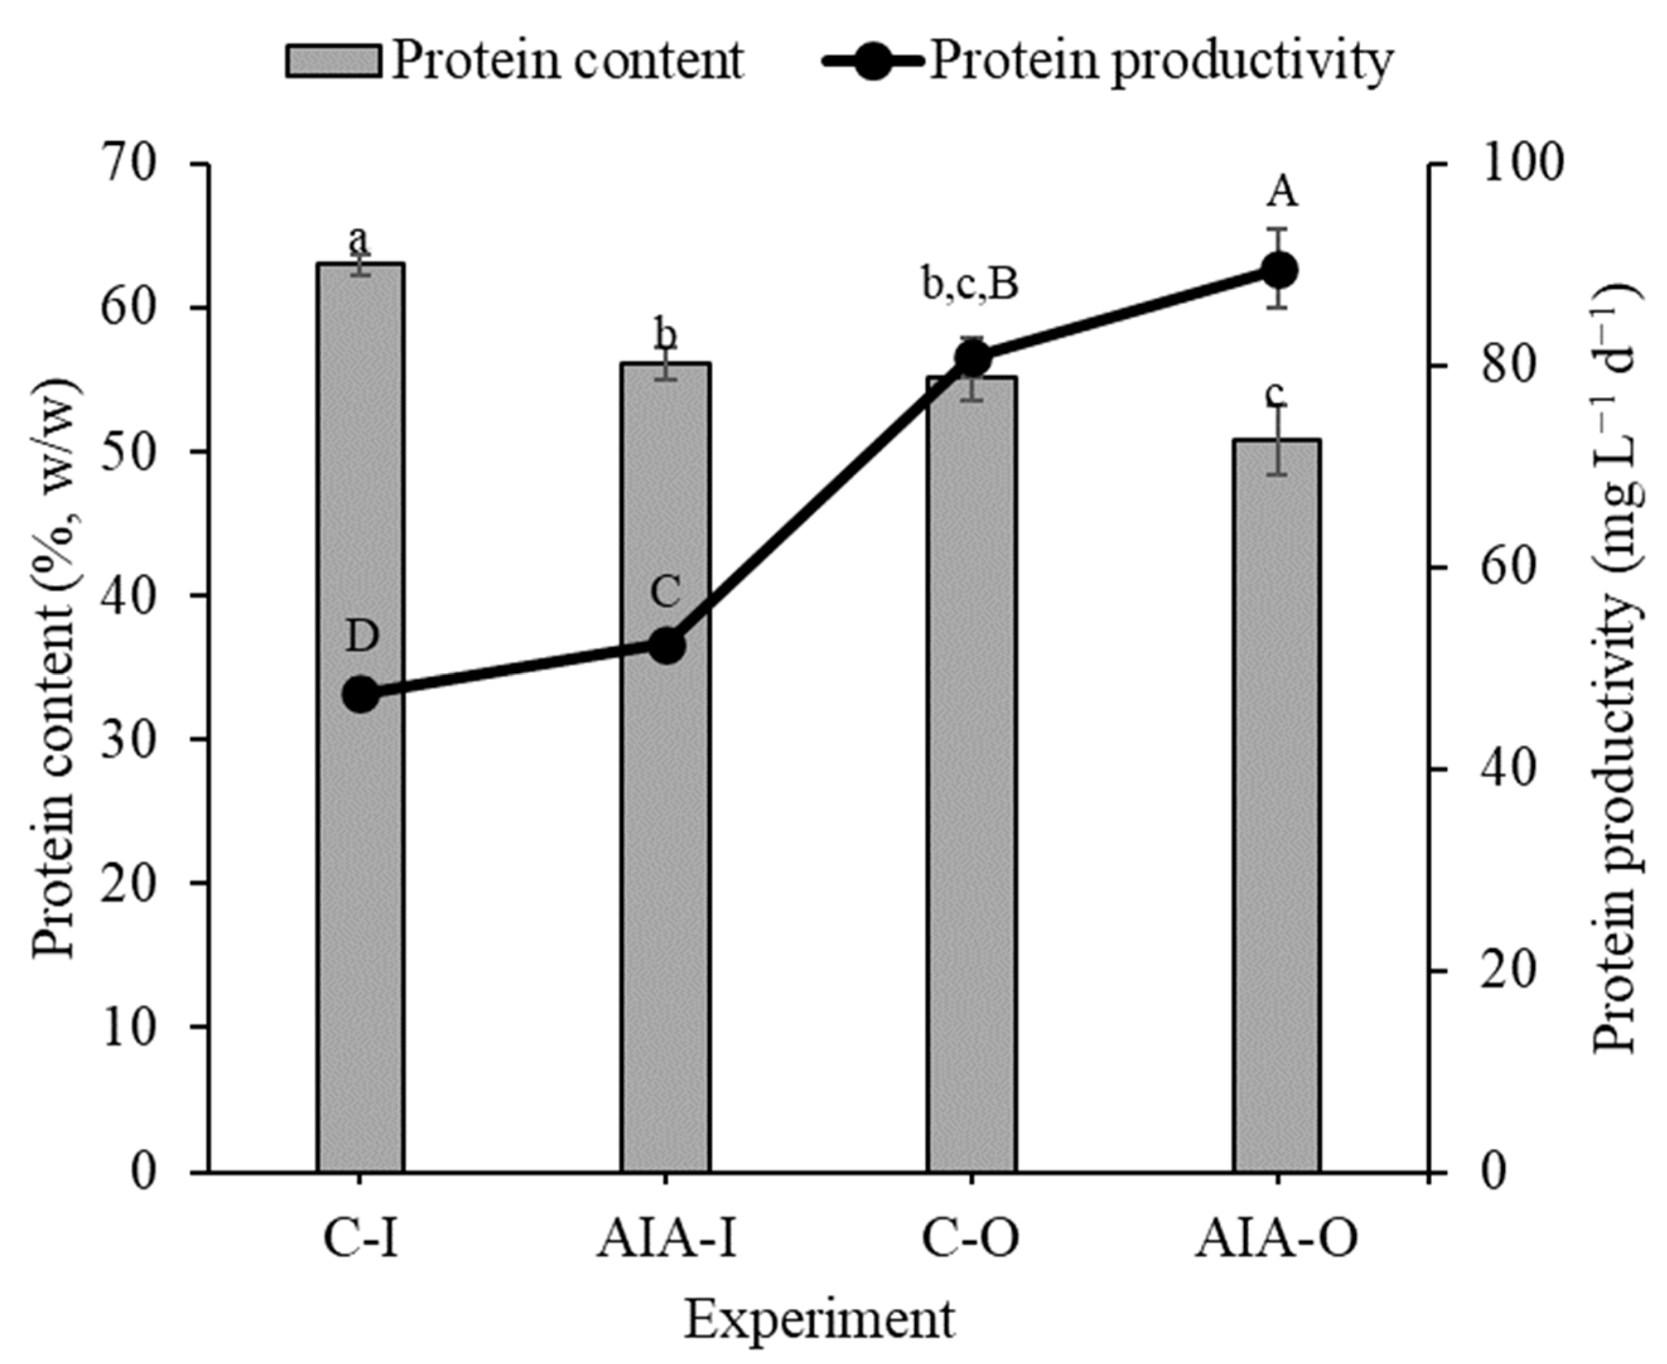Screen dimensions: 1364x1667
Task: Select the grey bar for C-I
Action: tap(361, 864)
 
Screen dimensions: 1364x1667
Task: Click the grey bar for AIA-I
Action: tap(666, 904)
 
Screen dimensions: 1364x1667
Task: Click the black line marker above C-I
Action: tap(361, 695)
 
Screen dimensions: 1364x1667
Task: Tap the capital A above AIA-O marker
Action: tap(1281, 192)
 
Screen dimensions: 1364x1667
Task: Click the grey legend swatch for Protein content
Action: tap(334, 61)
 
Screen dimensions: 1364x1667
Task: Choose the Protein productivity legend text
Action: tap(1161, 60)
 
